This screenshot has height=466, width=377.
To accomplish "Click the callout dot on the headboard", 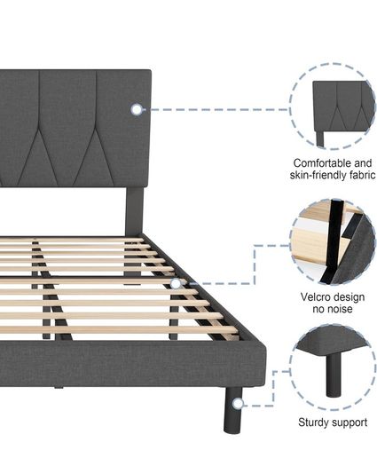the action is (137, 109).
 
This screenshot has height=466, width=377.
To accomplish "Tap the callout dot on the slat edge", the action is (176, 283).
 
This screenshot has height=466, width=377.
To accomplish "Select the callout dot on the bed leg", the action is (238, 404).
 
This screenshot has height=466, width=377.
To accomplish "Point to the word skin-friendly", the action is (318, 175).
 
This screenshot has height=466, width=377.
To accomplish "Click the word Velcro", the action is (315, 296).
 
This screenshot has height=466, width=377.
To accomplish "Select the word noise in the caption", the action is (339, 309).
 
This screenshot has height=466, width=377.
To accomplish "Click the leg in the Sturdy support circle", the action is (333, 375).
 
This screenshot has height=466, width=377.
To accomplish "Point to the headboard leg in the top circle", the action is (320, 138).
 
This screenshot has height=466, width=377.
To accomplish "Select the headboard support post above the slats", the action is (135, 211).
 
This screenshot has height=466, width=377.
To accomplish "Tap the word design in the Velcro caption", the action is (349, 297).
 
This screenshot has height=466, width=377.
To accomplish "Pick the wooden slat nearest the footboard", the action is (119, 330).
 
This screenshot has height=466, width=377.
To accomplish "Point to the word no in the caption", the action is (318, 309).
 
